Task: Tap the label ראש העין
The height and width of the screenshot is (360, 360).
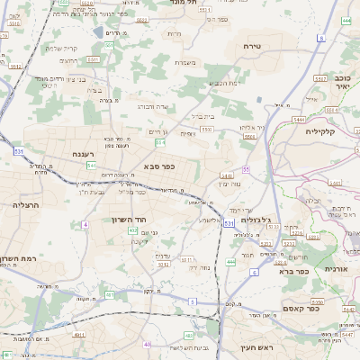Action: (256, 347)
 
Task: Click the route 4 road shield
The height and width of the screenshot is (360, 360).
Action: (84, 223)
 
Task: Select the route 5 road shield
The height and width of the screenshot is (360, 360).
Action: (192, 301)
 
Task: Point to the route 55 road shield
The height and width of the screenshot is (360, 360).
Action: (245, 168)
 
